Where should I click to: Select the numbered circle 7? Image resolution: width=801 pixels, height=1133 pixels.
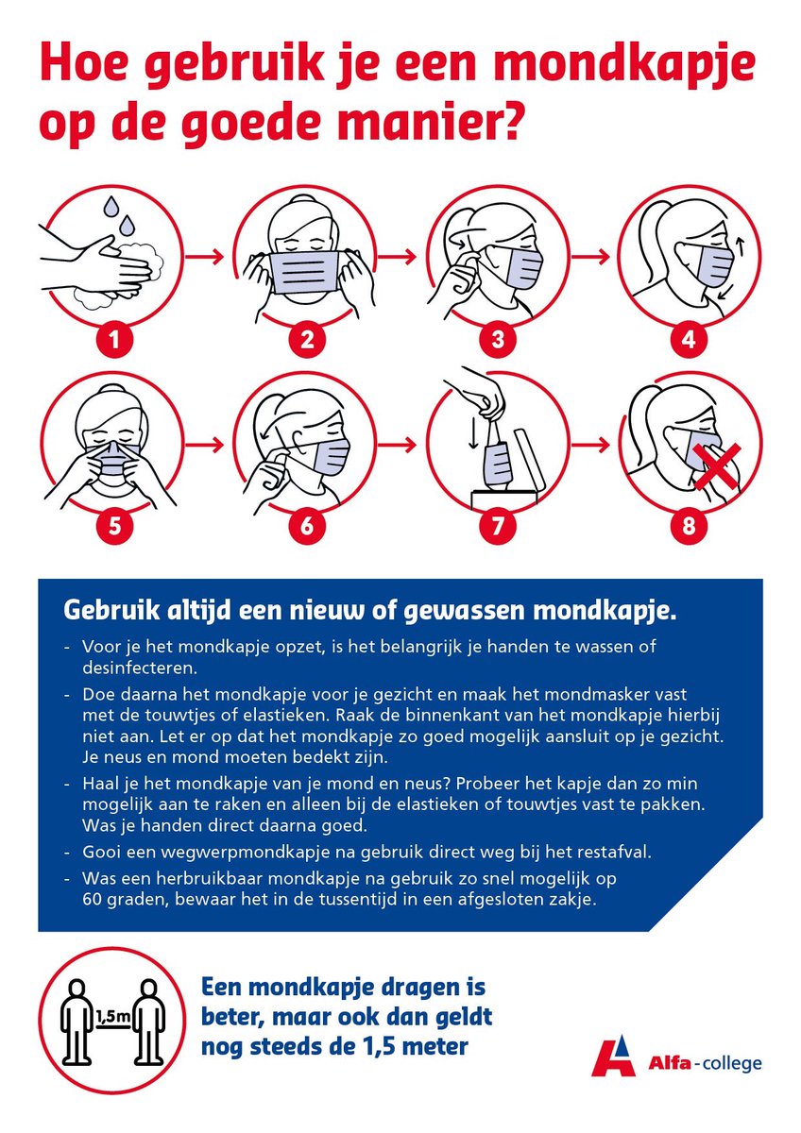point(497,527)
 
